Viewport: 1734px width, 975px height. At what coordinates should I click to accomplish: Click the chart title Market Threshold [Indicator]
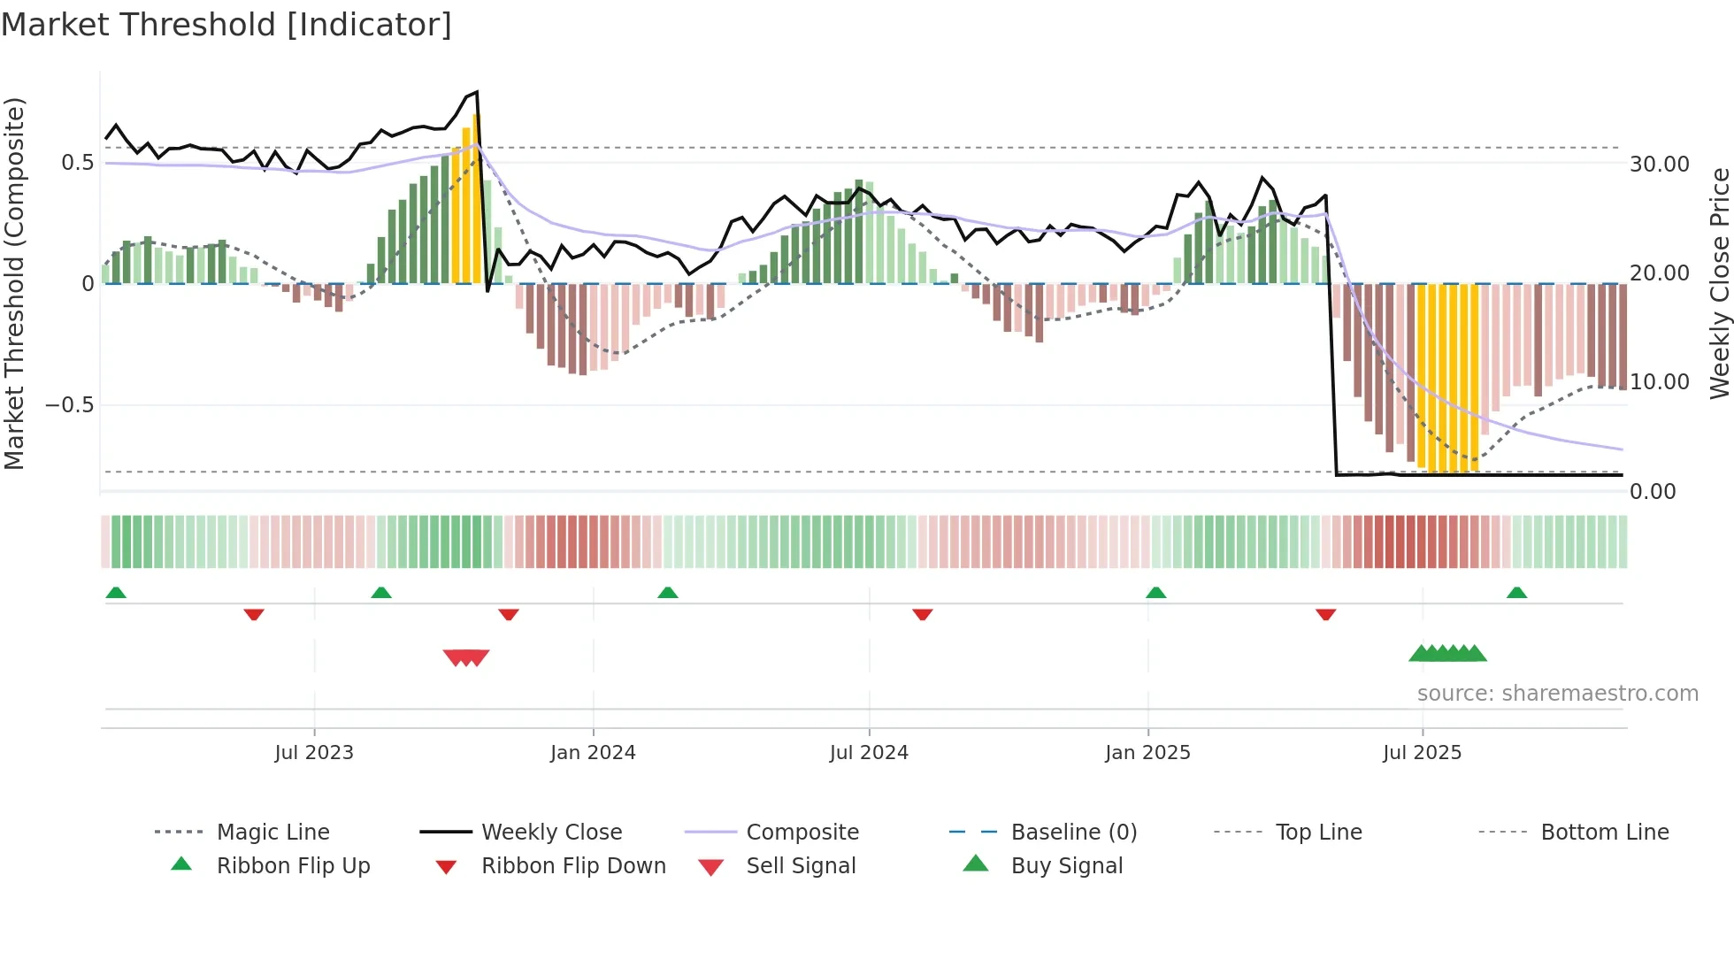click(x=226, y=25)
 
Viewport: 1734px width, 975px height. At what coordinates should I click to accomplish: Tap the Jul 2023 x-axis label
click(x=314, y=753)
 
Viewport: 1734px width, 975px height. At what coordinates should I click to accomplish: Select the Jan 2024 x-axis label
click(x=593, y=753)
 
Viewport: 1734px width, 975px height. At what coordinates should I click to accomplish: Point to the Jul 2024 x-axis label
click(x=869, y=753)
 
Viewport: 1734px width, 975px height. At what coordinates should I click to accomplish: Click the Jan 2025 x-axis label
click(x=1147, y=753)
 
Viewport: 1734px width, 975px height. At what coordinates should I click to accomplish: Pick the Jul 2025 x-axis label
click(x=1423, y=753)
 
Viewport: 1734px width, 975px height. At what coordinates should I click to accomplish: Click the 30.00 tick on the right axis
click(x=1660, y=165)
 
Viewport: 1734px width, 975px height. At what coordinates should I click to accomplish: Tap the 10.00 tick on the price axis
click(x=1660, y=382)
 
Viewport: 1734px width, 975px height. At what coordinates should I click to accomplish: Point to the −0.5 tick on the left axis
click(x=69, y=405)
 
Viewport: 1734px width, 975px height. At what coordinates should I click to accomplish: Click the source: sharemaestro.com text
click(x=1557, y=694)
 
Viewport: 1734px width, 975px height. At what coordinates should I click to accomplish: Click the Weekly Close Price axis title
click(x=1719, y=283)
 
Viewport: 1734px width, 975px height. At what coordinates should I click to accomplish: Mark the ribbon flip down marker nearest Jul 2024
click(x=923, y=614)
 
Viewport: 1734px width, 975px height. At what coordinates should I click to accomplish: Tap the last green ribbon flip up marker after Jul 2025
click(x=1516, y=593)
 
